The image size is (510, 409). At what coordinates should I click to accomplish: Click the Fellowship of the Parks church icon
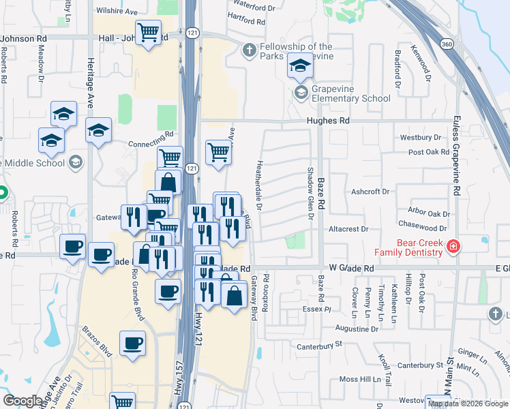point(249,49)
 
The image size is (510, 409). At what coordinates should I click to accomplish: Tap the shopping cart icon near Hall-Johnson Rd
point(148,32)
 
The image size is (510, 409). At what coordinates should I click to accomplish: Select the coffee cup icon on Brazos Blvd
point(132,343)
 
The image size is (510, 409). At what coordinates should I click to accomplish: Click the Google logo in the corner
point(22,401)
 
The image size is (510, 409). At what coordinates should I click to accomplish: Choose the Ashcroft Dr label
point(370,192)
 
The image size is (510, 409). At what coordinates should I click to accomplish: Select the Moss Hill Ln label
point(363,378)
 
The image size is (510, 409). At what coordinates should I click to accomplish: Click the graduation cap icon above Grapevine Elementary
point(300,66)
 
